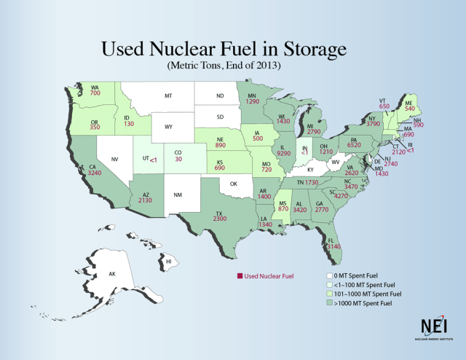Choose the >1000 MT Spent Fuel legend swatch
point(329,300)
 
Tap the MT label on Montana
point(168,96)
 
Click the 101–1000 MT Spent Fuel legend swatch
point(329,292)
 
